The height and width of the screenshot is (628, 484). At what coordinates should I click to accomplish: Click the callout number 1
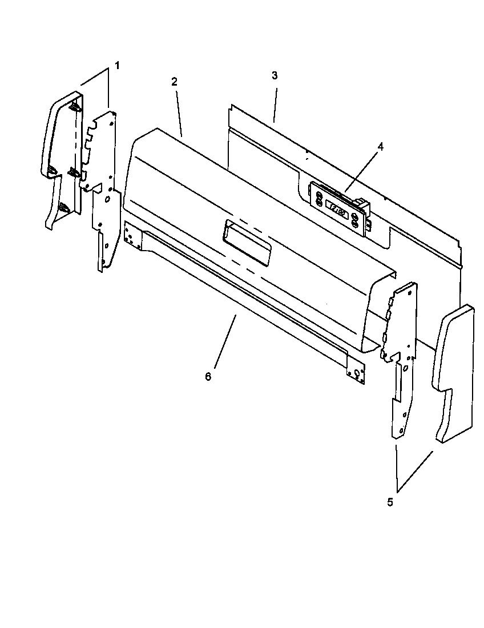click(117, 65)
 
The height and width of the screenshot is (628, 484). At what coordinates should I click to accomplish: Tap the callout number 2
click(174, 81)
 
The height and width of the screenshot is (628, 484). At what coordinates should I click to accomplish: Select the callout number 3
click(275, 75)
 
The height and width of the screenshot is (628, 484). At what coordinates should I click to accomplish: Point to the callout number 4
click(380, 146)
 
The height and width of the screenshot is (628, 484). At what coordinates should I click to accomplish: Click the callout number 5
click(390, 502)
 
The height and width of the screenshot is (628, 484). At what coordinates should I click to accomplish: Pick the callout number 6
click(208, 377)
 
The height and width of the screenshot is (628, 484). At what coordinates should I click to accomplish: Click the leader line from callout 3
click(275, 103)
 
